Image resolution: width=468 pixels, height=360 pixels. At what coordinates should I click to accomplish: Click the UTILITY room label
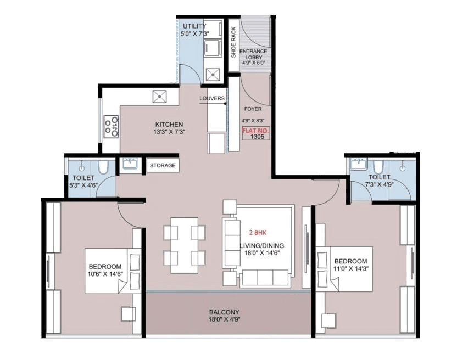tap(194, 26)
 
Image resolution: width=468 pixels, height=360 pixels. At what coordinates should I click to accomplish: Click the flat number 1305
tap(256, 137)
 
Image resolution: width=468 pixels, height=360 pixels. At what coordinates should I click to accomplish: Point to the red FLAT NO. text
tap(256, 131)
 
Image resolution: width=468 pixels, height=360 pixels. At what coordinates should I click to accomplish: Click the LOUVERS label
tap(212, 99)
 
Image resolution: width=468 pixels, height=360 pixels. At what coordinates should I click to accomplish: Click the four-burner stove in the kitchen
tap(112, 126)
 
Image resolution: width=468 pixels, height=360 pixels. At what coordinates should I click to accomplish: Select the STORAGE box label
tap(163, 165)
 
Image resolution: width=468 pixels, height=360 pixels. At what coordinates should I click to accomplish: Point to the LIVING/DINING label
tap(258, 245)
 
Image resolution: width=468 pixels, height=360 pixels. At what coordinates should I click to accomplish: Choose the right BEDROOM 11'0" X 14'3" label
tap(350, 265)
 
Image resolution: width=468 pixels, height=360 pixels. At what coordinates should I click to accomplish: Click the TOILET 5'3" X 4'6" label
tap(83, 182)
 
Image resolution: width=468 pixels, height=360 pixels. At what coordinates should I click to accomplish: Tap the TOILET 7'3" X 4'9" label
tap(379, 181)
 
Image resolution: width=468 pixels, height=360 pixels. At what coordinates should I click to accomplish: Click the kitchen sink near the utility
tap(160, 96)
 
